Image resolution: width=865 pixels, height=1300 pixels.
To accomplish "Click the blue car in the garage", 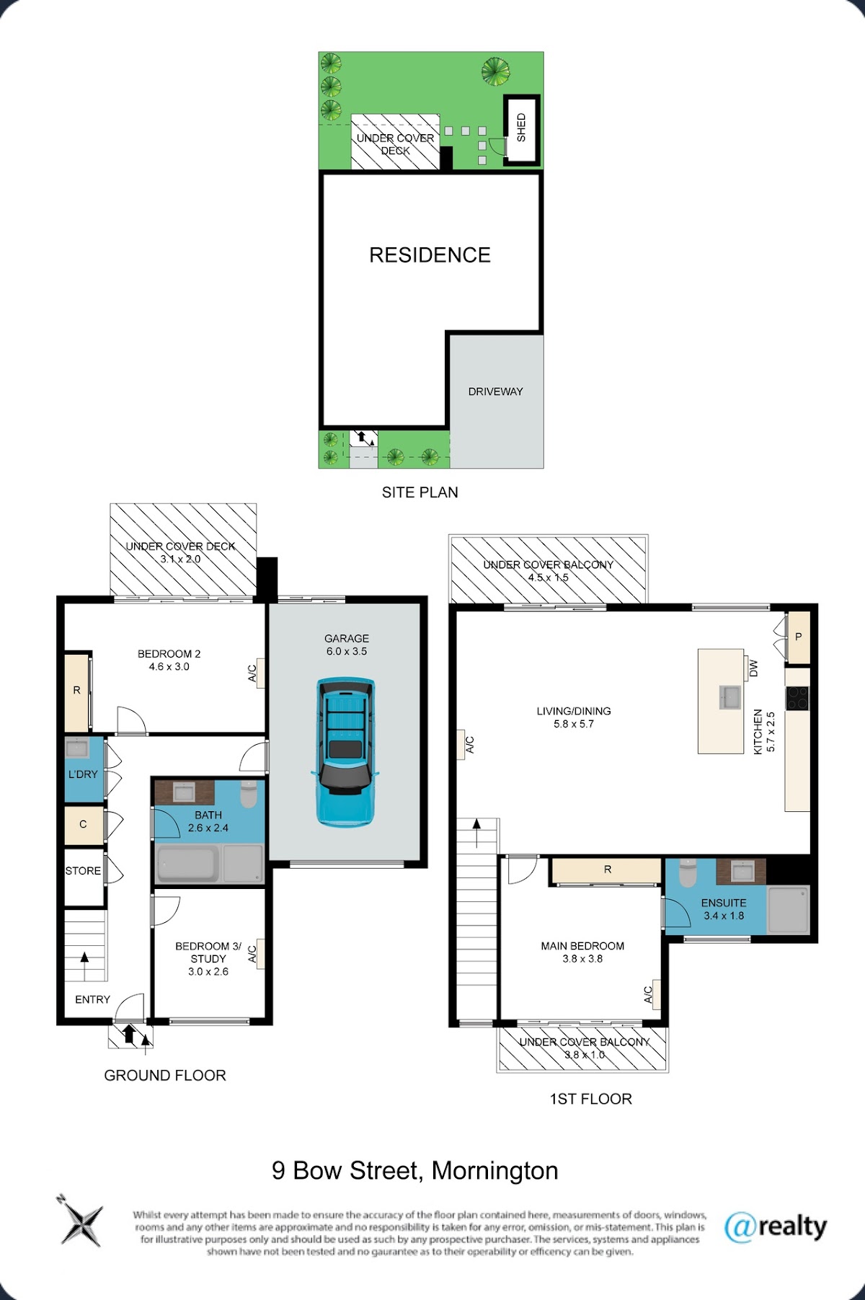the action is [x=345, y=752].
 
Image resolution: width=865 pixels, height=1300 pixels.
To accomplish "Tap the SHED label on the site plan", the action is [x=521, y=128].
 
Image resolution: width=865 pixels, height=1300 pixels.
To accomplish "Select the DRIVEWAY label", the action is [x=496, y=392].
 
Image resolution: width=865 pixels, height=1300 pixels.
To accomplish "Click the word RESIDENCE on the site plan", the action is [x=430, y=255].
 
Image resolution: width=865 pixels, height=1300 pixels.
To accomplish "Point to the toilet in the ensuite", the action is [x=688, y=872].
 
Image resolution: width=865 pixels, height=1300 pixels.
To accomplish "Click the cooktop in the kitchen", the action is [x=797, y=698].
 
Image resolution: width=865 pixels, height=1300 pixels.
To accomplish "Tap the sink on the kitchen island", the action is [x=730, y=697].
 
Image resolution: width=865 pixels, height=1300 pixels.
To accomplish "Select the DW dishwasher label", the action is [x=754, y=668].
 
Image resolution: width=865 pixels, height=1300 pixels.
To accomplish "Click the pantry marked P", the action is [x=798, y=637].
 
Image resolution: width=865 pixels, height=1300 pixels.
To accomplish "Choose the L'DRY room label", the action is [x=83, y=774].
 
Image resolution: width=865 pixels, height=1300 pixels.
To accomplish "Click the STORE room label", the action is [x=83, y=870].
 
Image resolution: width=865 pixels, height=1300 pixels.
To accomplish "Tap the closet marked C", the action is [x=84, y=824].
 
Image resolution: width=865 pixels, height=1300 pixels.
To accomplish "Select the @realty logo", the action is [x=776, y=1226].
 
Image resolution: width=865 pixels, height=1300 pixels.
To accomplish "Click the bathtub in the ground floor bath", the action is [x=187, y=863].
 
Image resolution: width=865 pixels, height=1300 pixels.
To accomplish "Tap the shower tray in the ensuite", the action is [x=789, y=909].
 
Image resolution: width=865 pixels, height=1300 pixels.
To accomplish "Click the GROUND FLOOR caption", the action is [x=165, y=1075].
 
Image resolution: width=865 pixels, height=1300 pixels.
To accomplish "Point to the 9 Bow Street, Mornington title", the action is [x=415, y=1170].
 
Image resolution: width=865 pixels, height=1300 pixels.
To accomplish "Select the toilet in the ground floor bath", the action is [x=249, y=795].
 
